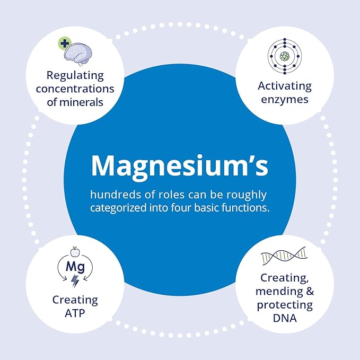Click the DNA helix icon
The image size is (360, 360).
(x=284, y=256)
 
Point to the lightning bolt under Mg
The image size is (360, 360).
(x=75, y=281)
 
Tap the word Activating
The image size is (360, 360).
(x=284, y=86)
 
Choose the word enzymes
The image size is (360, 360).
(x=285, y=100)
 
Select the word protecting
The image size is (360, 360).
(x=285, y=305)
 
